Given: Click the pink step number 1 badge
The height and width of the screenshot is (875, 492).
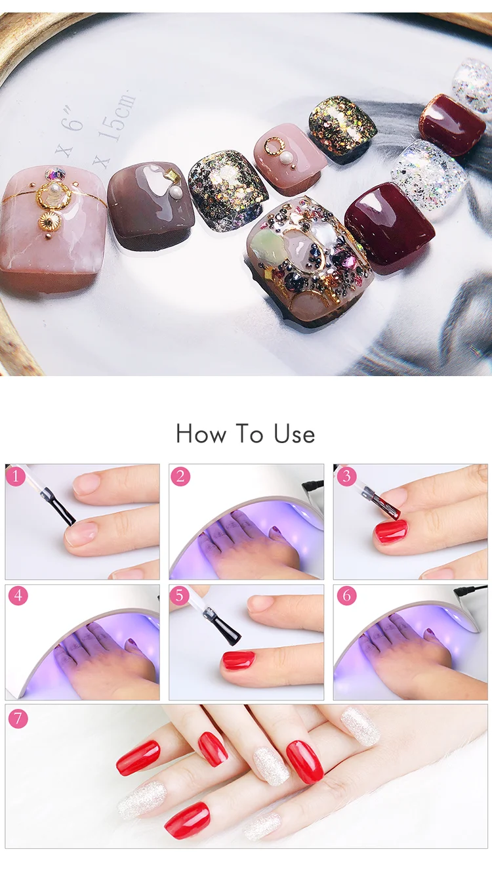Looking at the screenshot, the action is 16,477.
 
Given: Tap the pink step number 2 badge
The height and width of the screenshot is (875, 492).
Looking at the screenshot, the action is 180,477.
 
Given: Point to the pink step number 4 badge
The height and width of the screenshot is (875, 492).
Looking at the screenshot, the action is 18,596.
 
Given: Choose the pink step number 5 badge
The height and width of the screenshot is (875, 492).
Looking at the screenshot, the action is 179,595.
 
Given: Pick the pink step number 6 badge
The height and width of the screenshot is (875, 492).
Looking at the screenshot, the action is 347,596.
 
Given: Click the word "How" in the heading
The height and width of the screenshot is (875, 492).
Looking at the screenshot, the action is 201,434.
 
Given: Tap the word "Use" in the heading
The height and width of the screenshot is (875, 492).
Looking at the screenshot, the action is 294,434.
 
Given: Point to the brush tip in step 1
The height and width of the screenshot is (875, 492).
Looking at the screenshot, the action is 72,522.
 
